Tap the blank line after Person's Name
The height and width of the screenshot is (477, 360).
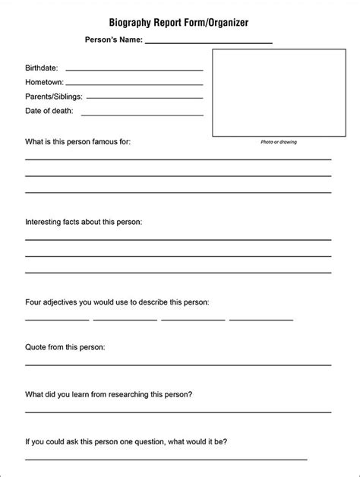(x=208, y=43)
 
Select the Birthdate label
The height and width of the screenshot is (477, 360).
(x=42, y=68)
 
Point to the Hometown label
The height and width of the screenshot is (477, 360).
(x=45, y=82)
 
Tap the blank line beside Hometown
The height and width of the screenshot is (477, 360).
(x=134, y=84)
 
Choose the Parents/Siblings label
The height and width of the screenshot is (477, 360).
(x=54, y=96)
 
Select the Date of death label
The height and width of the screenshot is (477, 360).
(x=49, y=111)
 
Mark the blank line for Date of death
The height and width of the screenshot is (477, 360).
(x=142, y=114)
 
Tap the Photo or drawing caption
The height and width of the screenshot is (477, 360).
(x=279, y=142)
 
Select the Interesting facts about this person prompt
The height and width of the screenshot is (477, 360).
(x=84, y=222)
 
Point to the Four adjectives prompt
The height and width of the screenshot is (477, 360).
(x=117, y=302)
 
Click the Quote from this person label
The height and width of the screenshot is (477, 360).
(x=65, y=347)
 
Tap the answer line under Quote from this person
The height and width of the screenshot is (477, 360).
(x=178, y=366)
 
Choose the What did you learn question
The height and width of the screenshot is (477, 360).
(x=109, y=394)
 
